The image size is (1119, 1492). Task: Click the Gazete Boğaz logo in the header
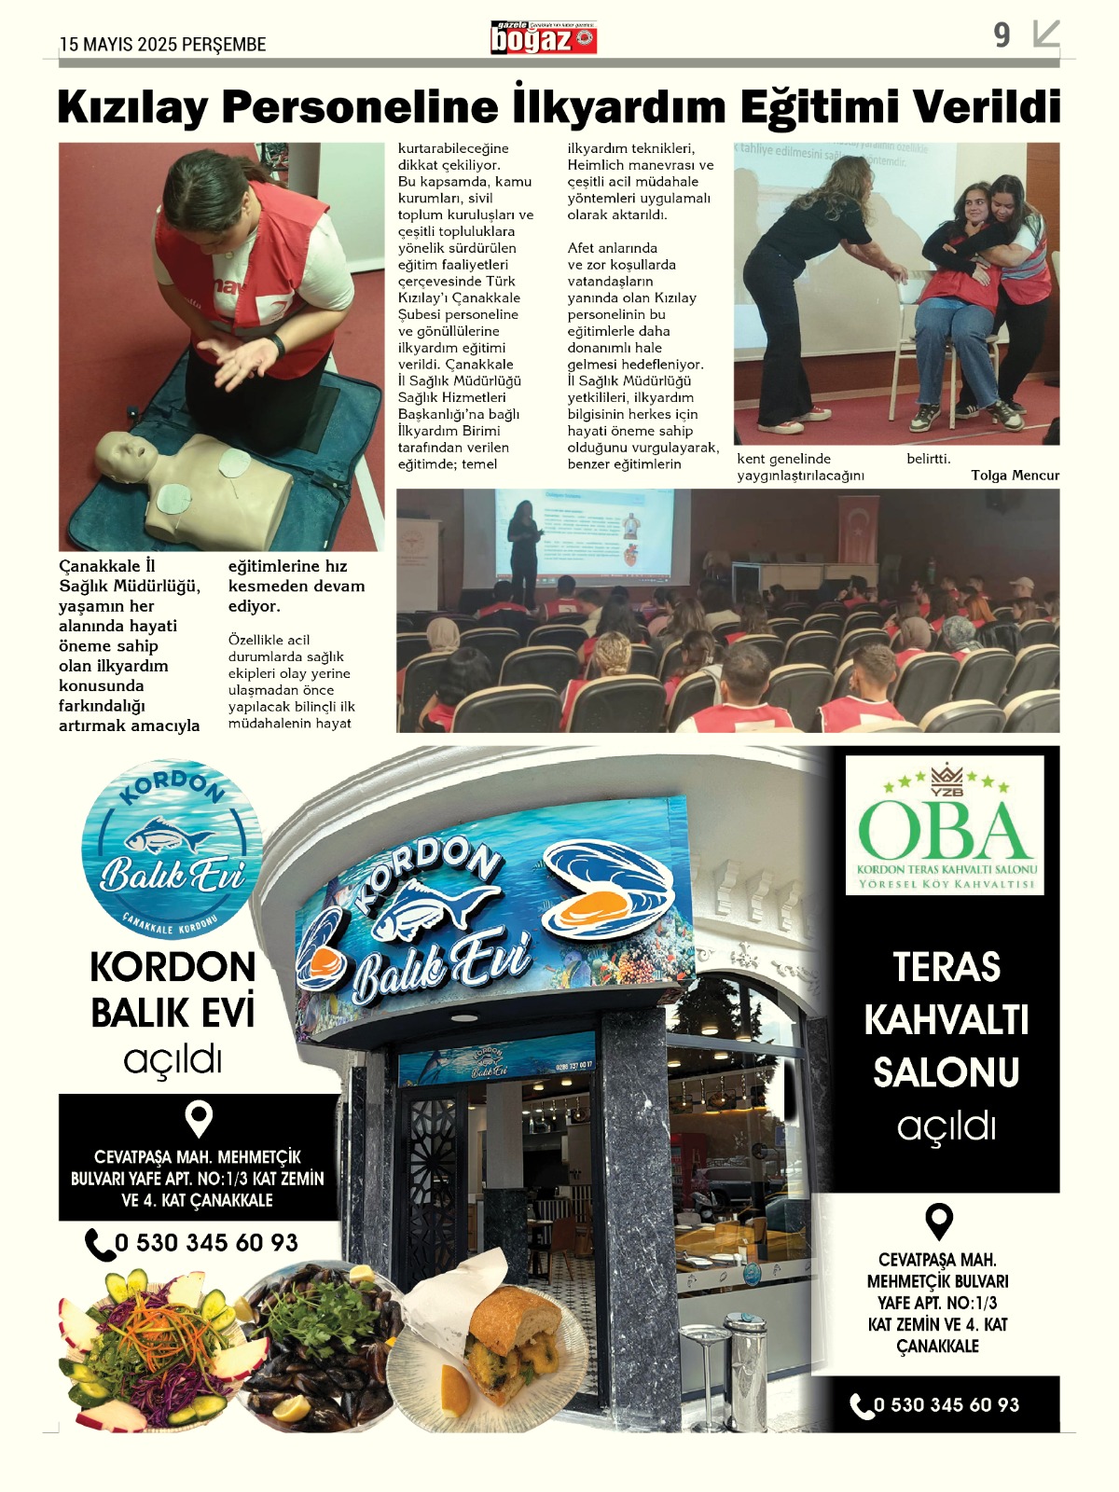pos(544,38)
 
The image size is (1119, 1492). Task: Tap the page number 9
pos(1002,35)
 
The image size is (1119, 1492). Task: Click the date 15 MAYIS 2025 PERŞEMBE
pos(163,45)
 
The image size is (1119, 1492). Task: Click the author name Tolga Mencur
pos(1015,476)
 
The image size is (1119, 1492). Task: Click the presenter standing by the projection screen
pos(523,550)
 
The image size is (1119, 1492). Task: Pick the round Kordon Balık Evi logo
pos(173,849)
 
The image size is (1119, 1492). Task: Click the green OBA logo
pos(945,825)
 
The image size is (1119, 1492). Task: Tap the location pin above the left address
pos(199,1119)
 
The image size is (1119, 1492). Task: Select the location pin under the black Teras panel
pos(938,1222)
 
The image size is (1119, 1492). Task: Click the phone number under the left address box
pos(205,1243)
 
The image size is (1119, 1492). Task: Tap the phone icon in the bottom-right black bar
pos(861,1405)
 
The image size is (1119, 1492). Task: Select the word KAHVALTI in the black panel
pos(946,1020)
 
